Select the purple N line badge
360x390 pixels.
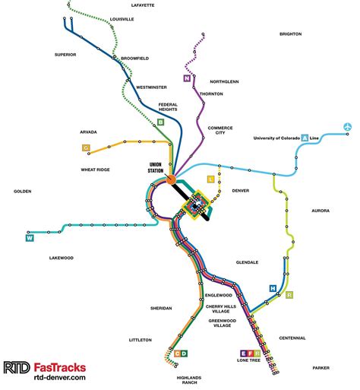pyautogui.click(x=186, y=78)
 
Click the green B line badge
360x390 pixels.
pyautogui.click(x=160, y=122)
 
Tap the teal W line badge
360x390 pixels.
pyautogui.click(x=30, y=236)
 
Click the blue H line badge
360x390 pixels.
pyautogui.click(x=273, y=288)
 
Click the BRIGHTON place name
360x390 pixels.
pyautogui.click(x=290, y=34)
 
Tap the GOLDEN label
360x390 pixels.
pyautogui.click(x=22, y=191)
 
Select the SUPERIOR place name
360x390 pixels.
pyautogui.click(x=67, y=55)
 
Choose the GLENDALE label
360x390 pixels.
pyautogui.click(x=247, y=262)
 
